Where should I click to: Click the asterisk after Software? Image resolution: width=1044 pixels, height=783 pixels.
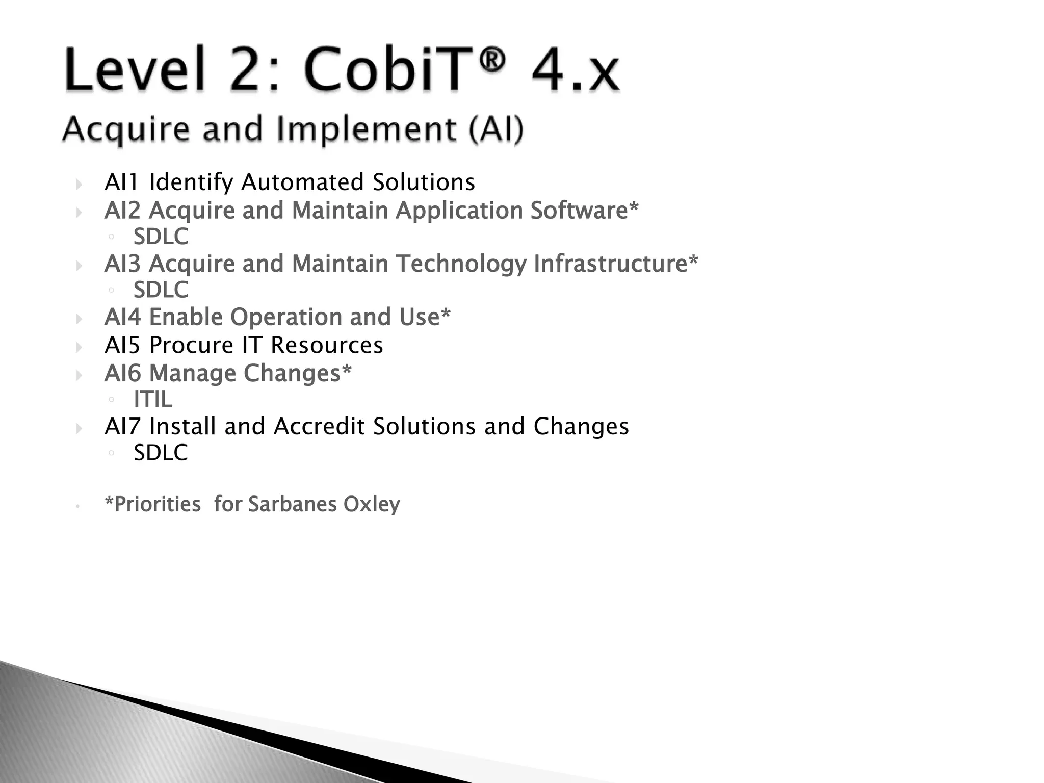tap(634, 207)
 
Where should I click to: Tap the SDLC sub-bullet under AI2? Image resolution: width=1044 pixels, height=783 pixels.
tap(161, 237)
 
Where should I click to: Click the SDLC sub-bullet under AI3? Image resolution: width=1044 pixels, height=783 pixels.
tap(161, 290)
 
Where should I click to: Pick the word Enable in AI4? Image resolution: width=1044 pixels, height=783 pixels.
tap(186, 317)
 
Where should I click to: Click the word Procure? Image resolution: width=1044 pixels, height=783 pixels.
tap(191, 345)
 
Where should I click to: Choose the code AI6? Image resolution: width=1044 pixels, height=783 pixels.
tap(122, 373)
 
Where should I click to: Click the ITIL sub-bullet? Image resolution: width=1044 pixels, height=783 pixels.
tap(152, 399)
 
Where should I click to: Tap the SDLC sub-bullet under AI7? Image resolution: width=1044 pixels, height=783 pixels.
tap(161, 453)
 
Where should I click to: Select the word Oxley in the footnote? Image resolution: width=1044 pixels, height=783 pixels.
tap(371, 504)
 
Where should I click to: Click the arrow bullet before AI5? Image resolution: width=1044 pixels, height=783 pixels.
tap(79, 348)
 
